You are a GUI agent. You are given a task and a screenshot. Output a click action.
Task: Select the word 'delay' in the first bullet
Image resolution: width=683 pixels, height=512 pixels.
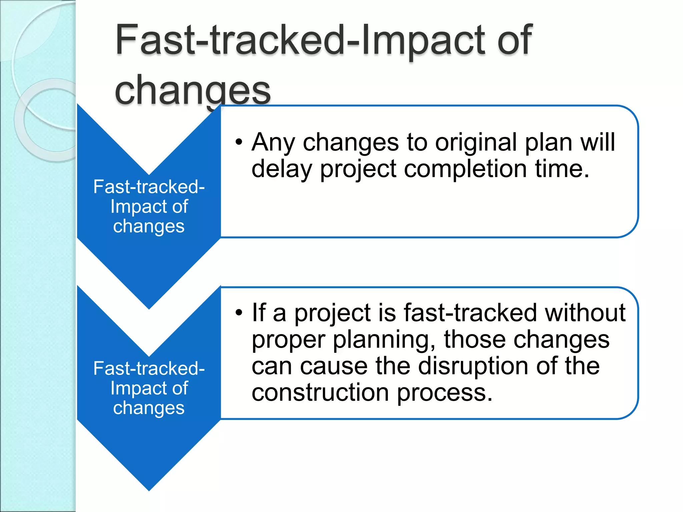[281, 169]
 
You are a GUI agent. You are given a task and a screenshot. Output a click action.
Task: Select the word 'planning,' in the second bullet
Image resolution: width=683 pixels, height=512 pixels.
[385, 340]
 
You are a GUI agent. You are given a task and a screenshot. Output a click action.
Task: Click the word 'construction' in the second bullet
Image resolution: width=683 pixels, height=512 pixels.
[320, 393]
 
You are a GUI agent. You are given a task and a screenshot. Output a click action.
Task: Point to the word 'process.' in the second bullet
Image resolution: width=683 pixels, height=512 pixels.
[445, 393]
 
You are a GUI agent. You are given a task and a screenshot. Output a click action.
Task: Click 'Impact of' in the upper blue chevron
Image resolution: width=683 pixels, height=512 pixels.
[149, 207]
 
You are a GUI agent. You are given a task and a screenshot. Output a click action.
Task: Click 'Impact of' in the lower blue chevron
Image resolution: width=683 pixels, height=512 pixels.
[149, 388]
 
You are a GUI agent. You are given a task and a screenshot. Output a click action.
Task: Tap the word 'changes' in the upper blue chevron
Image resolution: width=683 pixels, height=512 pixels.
[149, 226]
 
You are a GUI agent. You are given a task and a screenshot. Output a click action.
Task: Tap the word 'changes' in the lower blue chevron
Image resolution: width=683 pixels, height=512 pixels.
[149, 408]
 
